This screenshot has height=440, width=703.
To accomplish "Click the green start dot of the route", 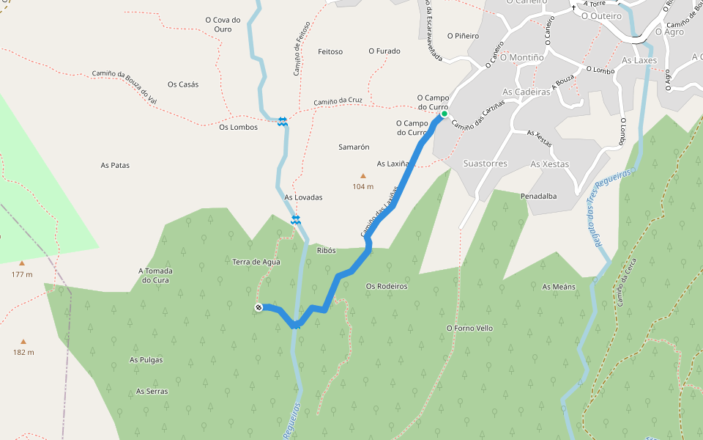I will [x=444, y=114].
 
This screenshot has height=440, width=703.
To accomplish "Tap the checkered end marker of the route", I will [x=258, y=307].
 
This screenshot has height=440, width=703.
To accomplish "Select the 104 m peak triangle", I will [x=362, y=176].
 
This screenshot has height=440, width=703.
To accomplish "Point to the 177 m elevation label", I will [x=22, y=274].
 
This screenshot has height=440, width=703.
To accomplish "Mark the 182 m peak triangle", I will [x=23, y=342].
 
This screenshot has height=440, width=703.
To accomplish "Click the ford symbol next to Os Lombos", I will [x=283, y=122].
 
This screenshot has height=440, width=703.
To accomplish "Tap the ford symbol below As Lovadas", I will [x=296, y=219].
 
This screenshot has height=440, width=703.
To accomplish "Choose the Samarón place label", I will [x=354, y=147].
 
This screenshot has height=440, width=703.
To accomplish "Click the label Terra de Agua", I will [x=256, y=262].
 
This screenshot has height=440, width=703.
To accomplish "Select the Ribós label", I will [x=326, y=250].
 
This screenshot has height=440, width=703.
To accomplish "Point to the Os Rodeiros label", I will [x=387, y=286].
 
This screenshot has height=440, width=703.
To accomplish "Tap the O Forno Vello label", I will [x=469, y=328].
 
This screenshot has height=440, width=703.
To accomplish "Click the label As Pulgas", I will [x=146, y=360].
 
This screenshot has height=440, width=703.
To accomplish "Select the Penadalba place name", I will [x=538, y=197].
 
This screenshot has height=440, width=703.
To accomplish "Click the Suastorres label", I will [x=485, y=164].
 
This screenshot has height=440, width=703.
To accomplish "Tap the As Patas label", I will [x=115, y=166].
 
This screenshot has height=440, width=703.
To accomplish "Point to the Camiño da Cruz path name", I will [x=338, y=101].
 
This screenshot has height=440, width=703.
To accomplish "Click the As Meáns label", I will [x=559, y=287].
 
